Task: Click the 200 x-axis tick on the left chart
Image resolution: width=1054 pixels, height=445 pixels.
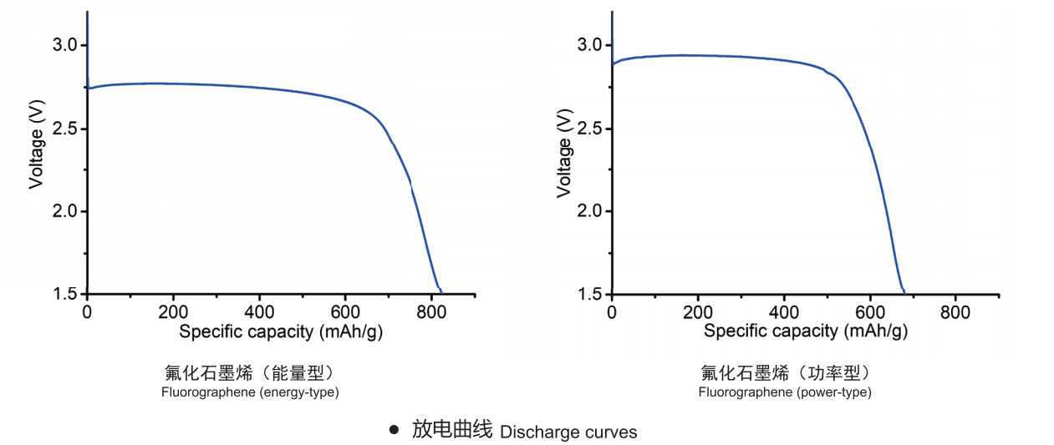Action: pyautogui.click(x=173, y=312)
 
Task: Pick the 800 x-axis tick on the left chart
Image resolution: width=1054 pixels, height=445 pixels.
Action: pyautogui.click(x=431, y=312)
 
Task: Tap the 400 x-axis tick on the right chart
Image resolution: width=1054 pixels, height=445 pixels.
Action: pyautogui.click(x=783, y=312)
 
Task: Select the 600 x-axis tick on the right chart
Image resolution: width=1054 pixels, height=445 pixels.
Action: pyautogui.click(x=869, y=312)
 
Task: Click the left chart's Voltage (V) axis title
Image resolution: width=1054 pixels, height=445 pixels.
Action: pyautogui.click(x=36, y=151)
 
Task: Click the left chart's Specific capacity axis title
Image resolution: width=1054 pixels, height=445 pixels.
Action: pyautogui.click(x=281, y=331)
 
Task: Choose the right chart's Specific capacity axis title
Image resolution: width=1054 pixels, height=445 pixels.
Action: pyautogui.click(x=805, y=331)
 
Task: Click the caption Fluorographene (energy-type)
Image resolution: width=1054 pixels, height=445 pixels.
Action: pyautogui.click(x=250, y=392)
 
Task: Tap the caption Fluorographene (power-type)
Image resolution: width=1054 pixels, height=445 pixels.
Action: pyautogui.click(x=785, y=392)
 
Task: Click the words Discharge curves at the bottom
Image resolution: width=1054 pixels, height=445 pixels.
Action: pyautogui.click(x=568, y=432)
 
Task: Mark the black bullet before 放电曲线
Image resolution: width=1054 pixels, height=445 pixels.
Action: pyautogui.click(x=394, y=431)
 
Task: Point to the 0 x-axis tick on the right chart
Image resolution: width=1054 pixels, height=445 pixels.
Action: pyautogui.click(x=612, y=312)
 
